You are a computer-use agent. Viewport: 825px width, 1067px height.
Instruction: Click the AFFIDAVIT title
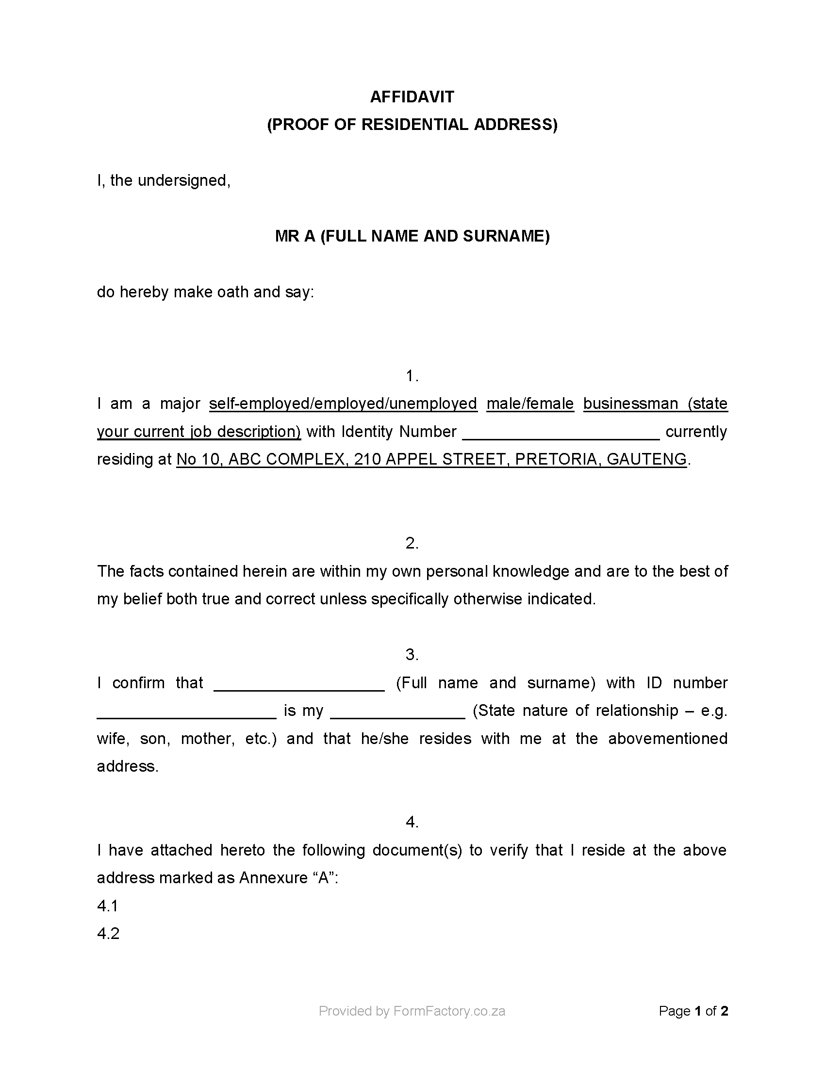pos(412,97)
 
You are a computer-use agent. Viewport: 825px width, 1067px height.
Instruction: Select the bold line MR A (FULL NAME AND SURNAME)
pos(412,237)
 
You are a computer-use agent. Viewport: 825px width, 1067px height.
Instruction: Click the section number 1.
pos(412,376)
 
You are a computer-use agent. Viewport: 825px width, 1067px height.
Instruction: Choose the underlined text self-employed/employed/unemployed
pos(343,404)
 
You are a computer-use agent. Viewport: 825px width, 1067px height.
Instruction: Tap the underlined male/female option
pos(530,404)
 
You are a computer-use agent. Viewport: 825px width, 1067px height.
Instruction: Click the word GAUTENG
pos(646,459)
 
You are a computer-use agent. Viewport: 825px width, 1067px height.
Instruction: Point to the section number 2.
pos(412,543)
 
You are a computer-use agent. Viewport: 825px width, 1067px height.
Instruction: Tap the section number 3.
pos(412,655)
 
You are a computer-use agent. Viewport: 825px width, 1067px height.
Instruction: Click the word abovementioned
pos(668,738)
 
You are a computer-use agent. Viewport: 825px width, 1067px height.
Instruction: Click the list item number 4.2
pos(108,934)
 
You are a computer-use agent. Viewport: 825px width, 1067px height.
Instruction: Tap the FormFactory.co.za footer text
pos(449,1011)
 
